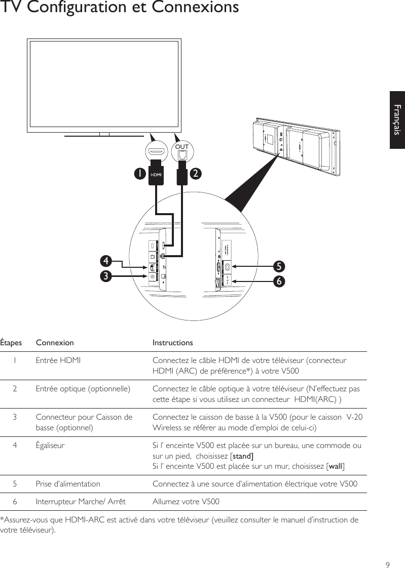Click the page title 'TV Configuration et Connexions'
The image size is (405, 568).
click(120, 8)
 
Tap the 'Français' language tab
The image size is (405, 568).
click(397, 120)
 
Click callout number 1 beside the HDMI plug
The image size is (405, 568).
click(137, 174)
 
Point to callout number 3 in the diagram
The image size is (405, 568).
click(105, 276)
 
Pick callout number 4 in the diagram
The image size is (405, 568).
click(105, 261)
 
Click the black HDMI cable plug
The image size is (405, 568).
click(156, 174)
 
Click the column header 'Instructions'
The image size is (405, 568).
click(172, 343)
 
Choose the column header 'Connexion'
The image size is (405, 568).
click(55, 343)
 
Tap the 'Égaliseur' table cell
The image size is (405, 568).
click(50, 445)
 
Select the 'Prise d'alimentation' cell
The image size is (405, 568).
click(68, 483)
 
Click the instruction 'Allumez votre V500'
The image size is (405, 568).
click(186, 502)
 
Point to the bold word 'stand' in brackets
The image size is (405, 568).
click(242, 456)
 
